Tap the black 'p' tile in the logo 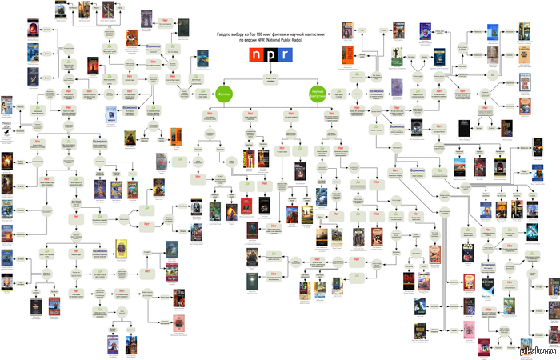(x=272, y=55)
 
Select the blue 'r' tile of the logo (x=286, y=55)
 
